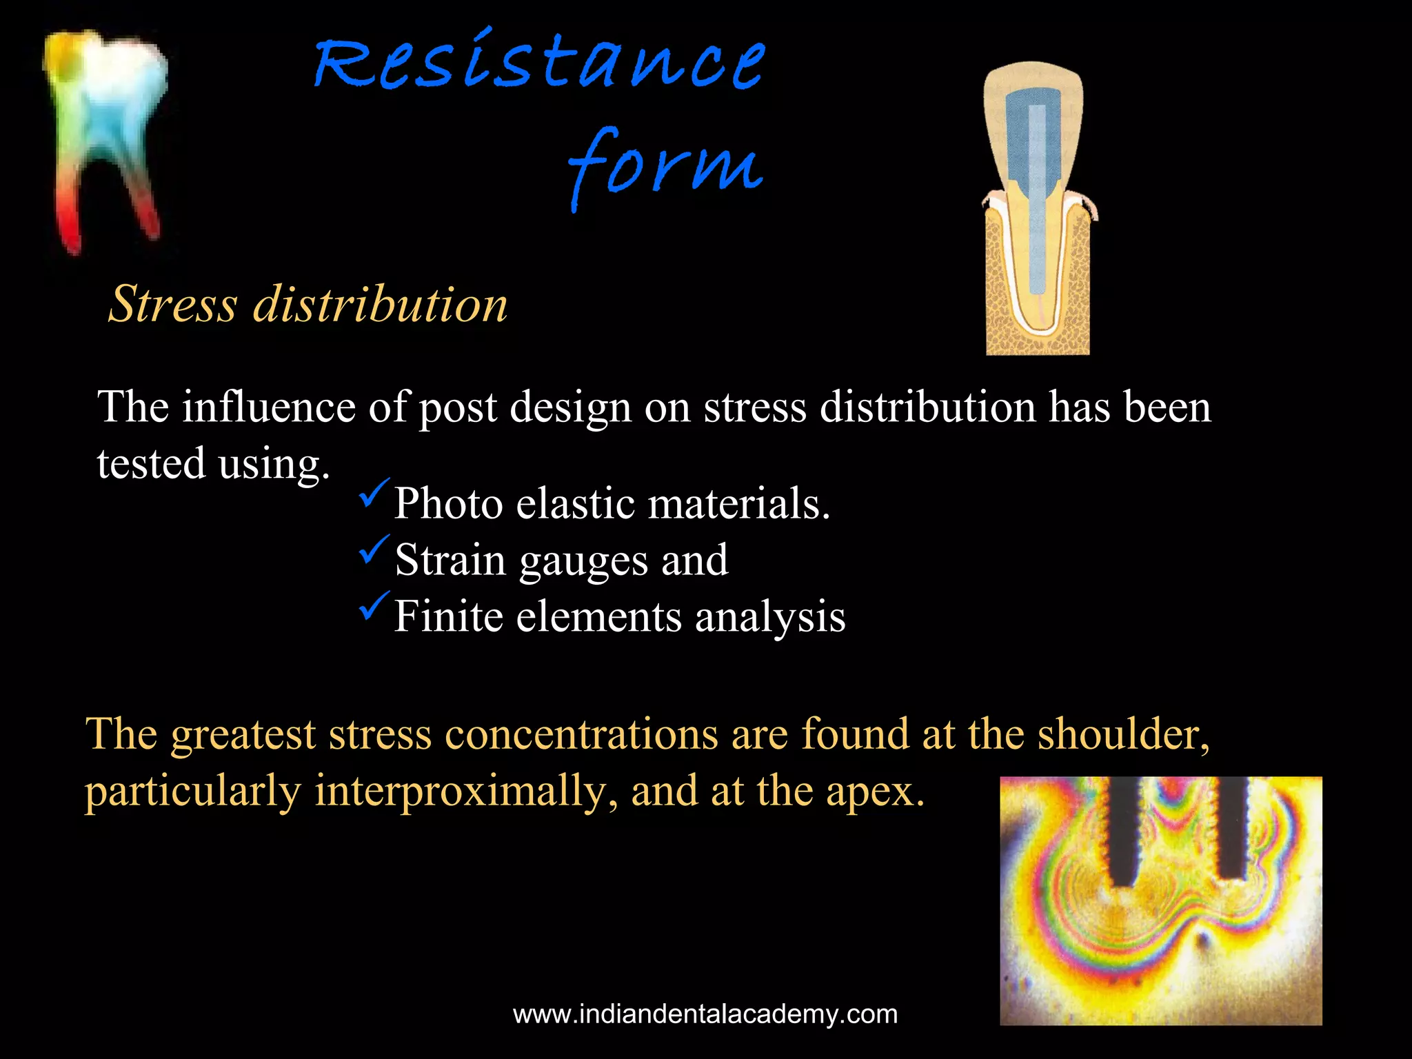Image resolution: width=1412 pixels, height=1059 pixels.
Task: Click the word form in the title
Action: coord(665,165)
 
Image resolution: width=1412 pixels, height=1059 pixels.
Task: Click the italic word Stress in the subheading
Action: coord(173,304)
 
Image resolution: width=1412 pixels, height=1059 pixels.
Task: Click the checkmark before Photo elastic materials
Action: coord(374,494)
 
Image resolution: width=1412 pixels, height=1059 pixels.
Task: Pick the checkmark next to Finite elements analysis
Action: coord(374,607)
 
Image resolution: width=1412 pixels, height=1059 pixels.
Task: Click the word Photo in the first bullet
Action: coord(448,503)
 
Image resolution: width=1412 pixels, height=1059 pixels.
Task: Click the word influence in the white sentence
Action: coord(268,407)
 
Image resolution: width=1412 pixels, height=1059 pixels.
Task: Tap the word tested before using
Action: coord(151,463)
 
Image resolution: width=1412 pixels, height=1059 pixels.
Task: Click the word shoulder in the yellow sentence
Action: coord(1123,734)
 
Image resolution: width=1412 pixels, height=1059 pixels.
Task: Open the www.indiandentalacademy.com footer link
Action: coord(705,1014)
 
